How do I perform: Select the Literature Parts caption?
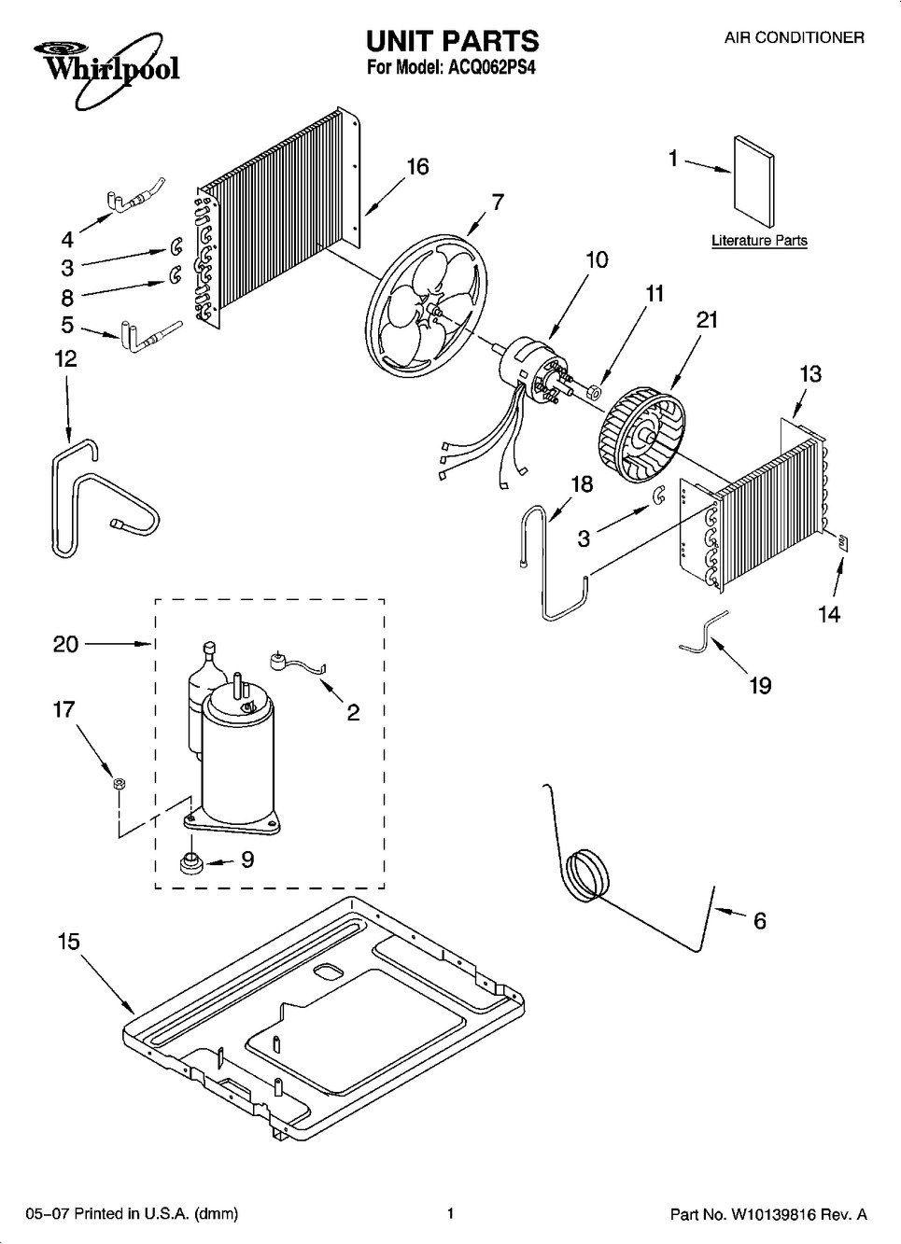759,241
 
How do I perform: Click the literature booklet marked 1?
753,182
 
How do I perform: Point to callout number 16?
417,167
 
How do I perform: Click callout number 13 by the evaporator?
809,374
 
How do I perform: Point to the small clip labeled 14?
844,542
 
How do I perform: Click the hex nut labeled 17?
119,784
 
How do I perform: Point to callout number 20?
65,644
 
